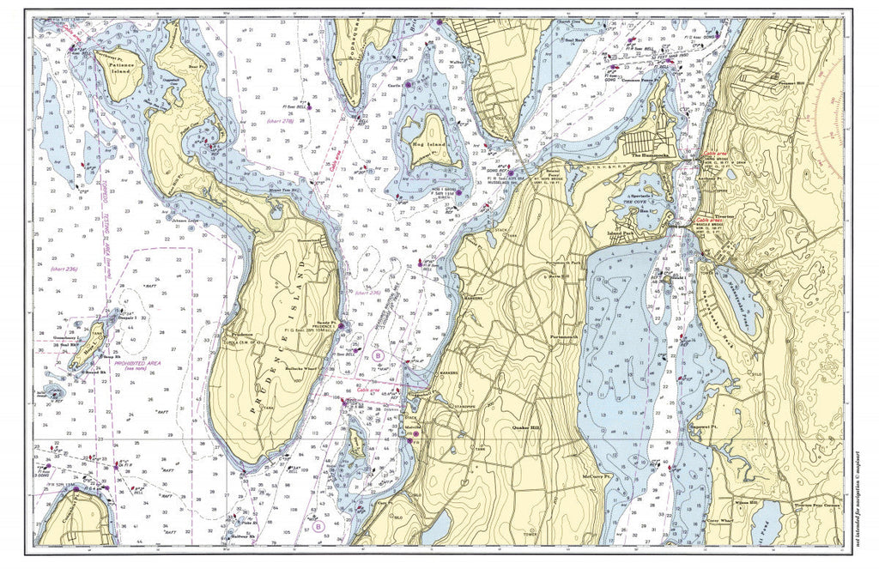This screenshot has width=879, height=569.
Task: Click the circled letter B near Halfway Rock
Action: pyautogui.click(x=317, y=528)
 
